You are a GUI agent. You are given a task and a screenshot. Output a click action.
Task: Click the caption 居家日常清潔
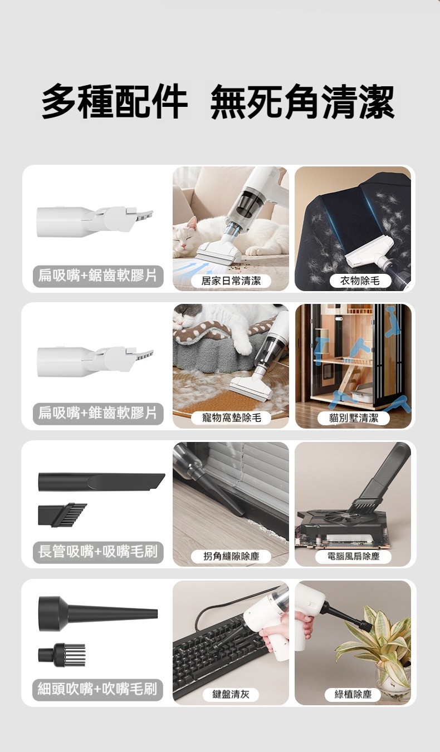pos(231,281)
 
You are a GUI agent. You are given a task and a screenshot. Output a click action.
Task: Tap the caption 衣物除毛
pos(360,281)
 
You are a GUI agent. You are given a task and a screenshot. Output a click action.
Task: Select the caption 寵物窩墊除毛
pos(231,417)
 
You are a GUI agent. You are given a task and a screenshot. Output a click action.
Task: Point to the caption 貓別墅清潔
pos(354,417)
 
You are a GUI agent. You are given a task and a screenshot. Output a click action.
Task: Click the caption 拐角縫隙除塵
pos(231,556)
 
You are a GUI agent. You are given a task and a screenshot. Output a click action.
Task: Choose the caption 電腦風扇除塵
pos(353,556)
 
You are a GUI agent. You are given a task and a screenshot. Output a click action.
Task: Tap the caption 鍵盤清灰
pos(231,694)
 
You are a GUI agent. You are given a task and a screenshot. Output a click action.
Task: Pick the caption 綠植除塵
pos(353,694)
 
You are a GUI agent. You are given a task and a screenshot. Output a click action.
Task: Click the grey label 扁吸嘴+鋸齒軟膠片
pos(97,276)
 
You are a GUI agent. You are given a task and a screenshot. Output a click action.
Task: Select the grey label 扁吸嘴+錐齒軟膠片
pos(97,413)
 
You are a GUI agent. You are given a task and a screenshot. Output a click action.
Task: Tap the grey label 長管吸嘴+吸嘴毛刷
pos(97,552)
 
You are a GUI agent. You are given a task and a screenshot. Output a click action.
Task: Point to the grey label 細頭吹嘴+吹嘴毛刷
pos(97,690)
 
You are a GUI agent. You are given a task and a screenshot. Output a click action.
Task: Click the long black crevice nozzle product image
pos(101,482)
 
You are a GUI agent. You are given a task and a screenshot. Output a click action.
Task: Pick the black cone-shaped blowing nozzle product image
pos(97,614)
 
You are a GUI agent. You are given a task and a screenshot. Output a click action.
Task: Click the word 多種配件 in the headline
pos(115,101)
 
